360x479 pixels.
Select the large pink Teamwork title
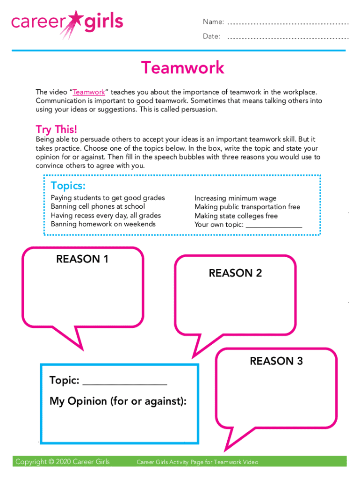(183, 68)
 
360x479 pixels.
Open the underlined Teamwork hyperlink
(89, 93)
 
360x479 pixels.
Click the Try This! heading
(57, 130)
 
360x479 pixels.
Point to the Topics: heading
(68, 186)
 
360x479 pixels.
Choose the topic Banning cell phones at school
(98, 207)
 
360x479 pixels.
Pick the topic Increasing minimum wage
(236, 198)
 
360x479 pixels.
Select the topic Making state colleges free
(236, 216)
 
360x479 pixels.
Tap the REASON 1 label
(82, 259)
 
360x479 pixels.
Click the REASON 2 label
(235, 273)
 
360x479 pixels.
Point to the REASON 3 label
(276, 361)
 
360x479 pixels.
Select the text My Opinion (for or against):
(118, 401)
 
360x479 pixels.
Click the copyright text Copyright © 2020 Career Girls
(63, 462)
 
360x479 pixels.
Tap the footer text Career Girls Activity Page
(197, 462)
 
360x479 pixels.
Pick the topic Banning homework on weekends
(103, 224)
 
